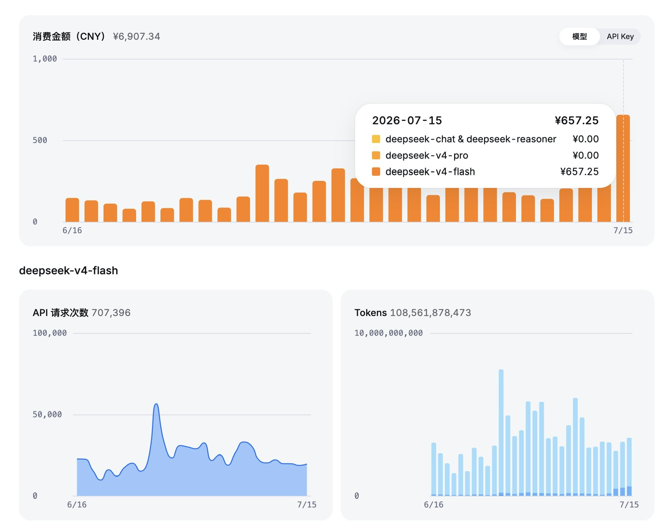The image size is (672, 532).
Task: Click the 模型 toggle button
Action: click(x=579, y=37)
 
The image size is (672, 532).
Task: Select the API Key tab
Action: click(x=620, y=37)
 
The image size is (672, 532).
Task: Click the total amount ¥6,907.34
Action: click(x=137, y=37)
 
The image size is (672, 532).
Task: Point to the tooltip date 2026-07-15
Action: click(x=407, y=121)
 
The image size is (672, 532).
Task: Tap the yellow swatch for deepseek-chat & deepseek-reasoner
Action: click(x=376, y=139)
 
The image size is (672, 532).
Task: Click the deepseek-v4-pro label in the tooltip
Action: click(x=427, y=155)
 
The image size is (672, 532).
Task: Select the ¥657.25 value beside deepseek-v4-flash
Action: click(x=579, y=172)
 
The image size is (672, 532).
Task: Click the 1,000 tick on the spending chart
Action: click(x=45, y=59)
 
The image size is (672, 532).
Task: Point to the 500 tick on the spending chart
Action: click(x=40, y=140)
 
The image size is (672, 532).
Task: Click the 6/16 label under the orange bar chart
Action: click(x=72, y=231)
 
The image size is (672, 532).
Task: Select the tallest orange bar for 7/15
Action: click(x=623, y=168)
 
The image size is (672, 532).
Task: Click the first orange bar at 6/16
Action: click(x=72, y=210)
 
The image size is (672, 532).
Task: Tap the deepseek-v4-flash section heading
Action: click(x=68, y=271)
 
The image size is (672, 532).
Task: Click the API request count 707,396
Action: click(x=111, y=313)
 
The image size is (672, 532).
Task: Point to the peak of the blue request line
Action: click(x=156, y=404)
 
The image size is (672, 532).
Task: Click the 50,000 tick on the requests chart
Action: click(x=47, y=415)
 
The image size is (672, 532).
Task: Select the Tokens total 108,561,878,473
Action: click(x=430, y=313)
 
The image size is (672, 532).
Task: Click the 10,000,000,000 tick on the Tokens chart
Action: click(x=389, y=333)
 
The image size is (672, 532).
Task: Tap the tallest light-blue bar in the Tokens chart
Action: click(x=501, y=433)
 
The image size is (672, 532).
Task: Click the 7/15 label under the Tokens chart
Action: click(x=629, y=505)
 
